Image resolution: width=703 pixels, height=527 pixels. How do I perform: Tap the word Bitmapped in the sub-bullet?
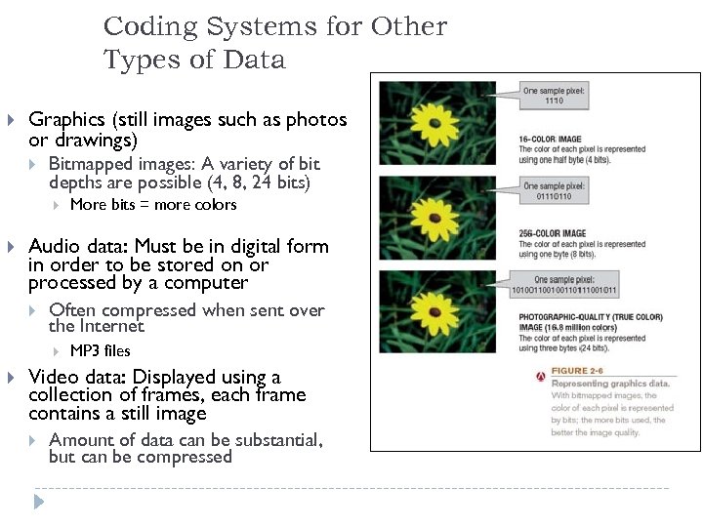[90, 164]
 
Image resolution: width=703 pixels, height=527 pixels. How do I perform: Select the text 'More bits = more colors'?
[153, 205]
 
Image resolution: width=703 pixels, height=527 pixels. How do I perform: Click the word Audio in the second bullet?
[55, 247]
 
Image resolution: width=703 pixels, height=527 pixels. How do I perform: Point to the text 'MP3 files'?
[100, 351]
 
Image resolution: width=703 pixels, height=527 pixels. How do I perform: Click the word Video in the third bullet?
[53, 378]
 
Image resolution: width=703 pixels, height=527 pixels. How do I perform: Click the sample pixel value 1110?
[554, 101]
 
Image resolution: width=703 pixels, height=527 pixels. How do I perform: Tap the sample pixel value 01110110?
[554, 195]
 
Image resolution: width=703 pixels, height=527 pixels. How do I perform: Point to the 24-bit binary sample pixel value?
[563, 290]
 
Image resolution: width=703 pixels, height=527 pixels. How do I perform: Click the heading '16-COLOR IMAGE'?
[550, 140]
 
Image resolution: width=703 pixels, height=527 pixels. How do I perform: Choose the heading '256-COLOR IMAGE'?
[553, 233]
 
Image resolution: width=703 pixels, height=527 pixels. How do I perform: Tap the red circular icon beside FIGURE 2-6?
[540, 376]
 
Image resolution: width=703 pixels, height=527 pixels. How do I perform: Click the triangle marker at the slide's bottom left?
[39, 503]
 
